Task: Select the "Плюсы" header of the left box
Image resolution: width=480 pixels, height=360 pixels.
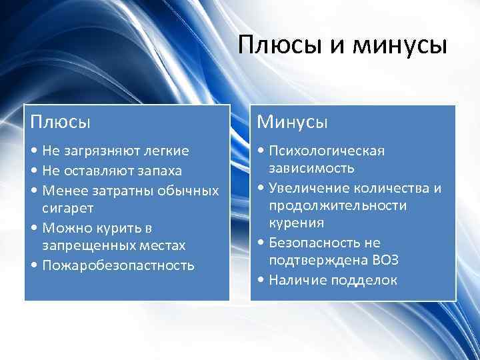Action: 60,122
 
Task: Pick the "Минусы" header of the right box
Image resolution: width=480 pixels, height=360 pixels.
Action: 293,122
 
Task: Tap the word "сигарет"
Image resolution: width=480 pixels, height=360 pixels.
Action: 68,209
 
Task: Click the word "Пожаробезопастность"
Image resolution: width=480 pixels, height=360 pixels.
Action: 118,265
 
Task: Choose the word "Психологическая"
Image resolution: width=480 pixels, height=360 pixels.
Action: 327,151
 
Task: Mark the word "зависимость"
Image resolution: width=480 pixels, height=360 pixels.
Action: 312,167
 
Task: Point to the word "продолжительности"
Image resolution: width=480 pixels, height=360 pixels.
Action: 338,205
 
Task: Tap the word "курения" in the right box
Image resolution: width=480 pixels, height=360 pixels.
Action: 297,223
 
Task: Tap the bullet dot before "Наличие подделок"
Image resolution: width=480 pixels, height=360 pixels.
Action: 260,280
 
